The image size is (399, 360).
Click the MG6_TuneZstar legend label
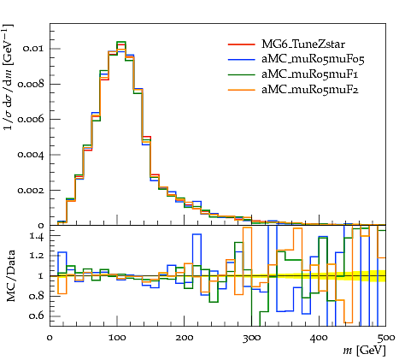tap(303, 44)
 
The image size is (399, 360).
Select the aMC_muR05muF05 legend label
tap(313, 59)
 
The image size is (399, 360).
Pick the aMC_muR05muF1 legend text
tap(310, 74)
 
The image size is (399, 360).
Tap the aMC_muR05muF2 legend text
tap(310, 90)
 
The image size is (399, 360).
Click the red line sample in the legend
tap(241, 44)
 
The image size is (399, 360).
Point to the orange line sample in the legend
tap(241, 90)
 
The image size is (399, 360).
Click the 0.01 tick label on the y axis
tap(33, 49)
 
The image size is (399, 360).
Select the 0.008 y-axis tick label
tap(31, 84)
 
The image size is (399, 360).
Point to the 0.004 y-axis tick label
tap(31, 155)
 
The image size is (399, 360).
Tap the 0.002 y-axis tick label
tap(31, 190)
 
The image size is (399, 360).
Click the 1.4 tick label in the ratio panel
tap(37, 236)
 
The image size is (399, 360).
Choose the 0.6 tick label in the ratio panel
tap(37, 316)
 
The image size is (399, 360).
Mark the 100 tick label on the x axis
tap(117, 338)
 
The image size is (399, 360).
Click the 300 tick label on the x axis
tap(252, 338)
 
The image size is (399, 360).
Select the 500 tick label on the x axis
tap(386, 338)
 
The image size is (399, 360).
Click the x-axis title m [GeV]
tap(365, 350)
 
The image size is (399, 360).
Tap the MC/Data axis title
tap(10, 275)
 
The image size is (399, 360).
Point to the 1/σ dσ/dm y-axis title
tap(9, 77)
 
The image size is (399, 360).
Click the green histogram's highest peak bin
tap(121, 42)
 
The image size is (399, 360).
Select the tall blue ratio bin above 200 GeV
tap(197, 234)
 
